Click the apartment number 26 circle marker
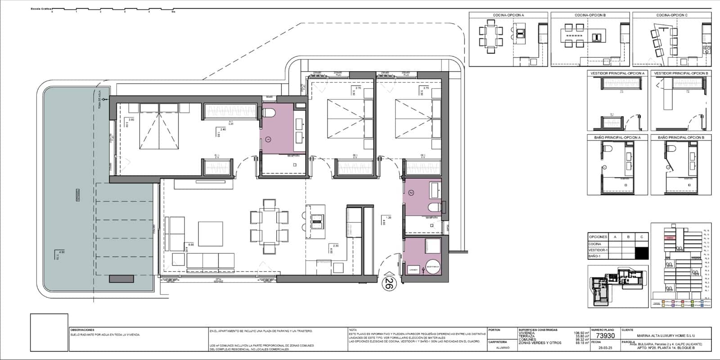click(x=389, y=283)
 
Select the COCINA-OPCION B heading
click(x=590, y=15)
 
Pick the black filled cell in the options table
click(x=642, y=253)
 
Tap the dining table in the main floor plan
click(x=270, y=226)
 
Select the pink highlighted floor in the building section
click(x=670, y=238)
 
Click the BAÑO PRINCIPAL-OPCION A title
click(x=617, y=137)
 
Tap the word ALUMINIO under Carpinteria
click(x=503, y=347)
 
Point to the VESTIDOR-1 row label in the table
click(x=598, y=250)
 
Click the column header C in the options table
click(x=642, y=237)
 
